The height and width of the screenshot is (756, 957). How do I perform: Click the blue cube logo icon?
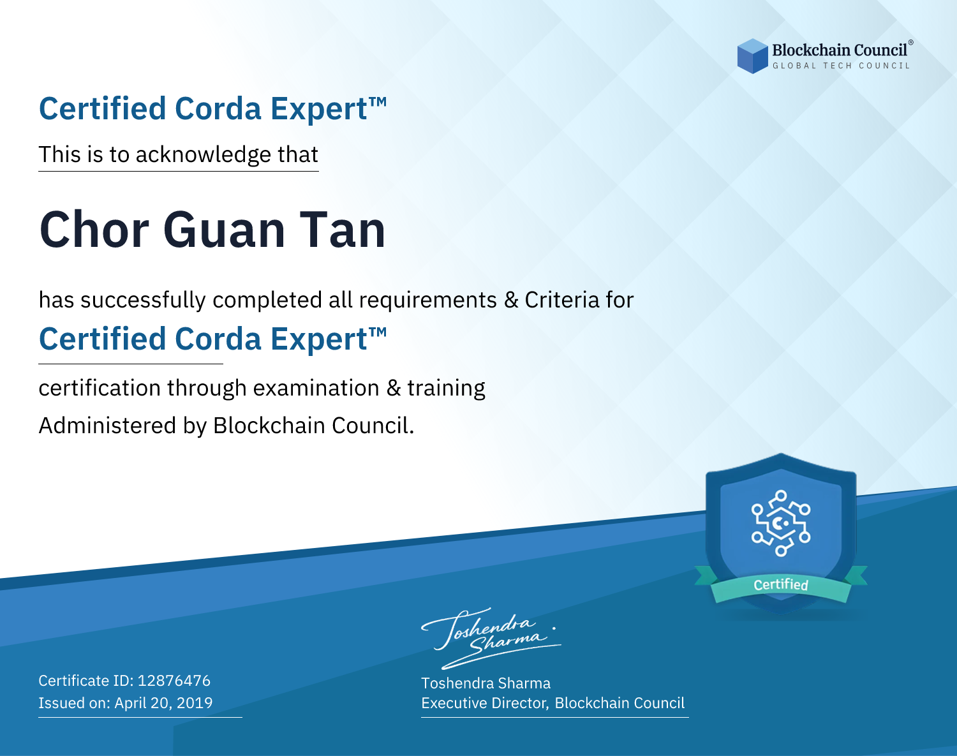[752, 56]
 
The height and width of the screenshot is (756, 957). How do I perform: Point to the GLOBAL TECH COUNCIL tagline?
[841, 66]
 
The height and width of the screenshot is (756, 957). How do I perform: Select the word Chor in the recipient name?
[94, 230]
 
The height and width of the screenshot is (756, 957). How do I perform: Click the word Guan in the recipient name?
[224, 230]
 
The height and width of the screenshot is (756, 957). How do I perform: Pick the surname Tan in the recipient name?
[342, 230]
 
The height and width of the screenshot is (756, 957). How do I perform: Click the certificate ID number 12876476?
[174, 680]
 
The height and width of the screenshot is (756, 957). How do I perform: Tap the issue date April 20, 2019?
[163, 702]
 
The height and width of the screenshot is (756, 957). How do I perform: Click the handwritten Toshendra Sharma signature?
[491, 638]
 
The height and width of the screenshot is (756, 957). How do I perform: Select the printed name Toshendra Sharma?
[486, 683]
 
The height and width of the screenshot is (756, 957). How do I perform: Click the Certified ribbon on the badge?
[781, 584]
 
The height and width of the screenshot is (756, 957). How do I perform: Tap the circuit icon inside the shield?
[781, 523]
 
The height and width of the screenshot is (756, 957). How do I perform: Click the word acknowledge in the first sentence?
[203, 155]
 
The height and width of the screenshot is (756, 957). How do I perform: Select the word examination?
[316, 388]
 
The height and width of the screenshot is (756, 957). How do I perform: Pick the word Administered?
[107, 425]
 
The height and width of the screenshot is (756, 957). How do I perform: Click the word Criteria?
[561, 300]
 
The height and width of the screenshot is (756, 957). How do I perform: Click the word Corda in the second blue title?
[218, 339]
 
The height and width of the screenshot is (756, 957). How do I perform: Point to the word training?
[446, 388]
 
